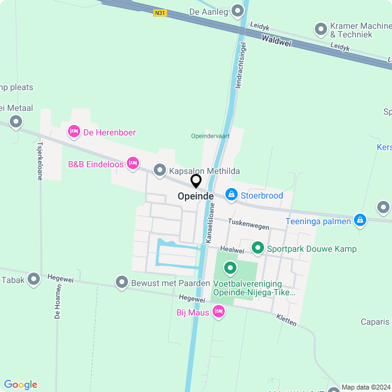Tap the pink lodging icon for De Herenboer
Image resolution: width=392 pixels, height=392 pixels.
pos(74,131)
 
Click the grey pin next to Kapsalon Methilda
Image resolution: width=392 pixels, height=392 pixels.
pos(160,170)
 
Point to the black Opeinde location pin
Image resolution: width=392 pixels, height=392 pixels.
pos(196,181)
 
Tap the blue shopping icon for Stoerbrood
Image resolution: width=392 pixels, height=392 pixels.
pos(232,195)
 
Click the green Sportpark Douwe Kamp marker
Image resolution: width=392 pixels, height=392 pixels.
pos(258,248)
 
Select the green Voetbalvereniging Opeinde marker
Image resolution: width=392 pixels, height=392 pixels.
pos(230,268)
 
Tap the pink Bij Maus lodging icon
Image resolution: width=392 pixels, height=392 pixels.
pos(218,312)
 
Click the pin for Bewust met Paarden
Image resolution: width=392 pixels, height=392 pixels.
pos(120,282)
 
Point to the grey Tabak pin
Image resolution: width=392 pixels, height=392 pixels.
pos(34,279)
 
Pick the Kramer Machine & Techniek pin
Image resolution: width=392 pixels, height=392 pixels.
pos(320,29)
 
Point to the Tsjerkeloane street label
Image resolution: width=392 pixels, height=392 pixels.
pos(40,161)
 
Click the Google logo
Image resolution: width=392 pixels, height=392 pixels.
pos(20,384)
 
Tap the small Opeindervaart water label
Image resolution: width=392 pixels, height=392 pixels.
pos(209,135)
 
